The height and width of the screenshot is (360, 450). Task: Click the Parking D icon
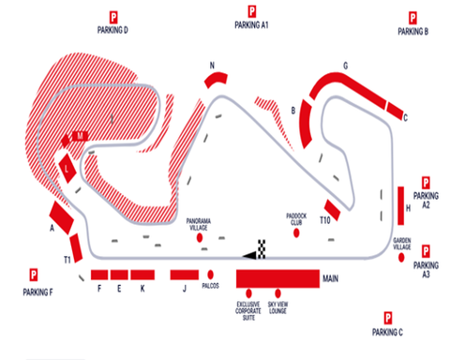[112, 16]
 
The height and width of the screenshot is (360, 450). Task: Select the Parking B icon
[412, 17]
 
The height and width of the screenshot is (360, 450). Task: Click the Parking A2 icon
[426, 184]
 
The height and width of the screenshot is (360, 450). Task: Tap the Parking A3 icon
[426, 252]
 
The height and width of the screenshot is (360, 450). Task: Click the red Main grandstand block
[277, 278]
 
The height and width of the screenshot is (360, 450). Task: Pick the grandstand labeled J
[185, 275]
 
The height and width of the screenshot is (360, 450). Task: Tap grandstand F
[98, 275]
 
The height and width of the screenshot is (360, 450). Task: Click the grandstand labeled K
[142, 275]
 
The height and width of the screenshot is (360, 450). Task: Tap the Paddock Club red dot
[297, 232]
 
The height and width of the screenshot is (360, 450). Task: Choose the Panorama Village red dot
[200, 239]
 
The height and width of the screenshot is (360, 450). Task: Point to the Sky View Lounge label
[278, 309]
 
